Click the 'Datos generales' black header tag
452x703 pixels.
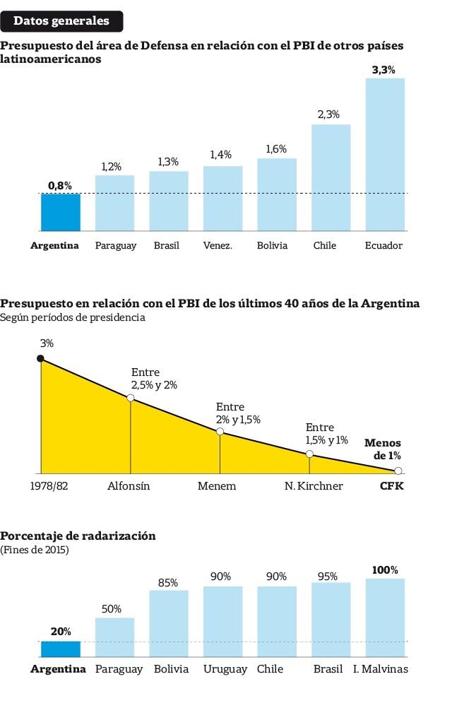click(x=61, y=21)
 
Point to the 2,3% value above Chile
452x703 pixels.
click(x=328, y=114)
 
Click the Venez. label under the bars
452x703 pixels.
click(x=218, y=246)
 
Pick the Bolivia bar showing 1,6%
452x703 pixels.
click(x=277, y=194)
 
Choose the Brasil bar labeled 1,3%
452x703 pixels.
click(x=168, y=201)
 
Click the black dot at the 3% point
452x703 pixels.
click(x=40, y=359)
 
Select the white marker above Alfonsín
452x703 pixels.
click(x=131, y=398)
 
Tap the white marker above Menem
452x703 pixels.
click(x=220, y=431)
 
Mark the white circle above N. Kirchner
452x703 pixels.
click(x=309, y=454)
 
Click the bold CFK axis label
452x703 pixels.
click(x=392, y=486)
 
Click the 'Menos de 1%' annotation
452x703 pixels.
click(x=382, y=449)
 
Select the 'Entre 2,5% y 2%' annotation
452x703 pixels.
click(x=154, y=379)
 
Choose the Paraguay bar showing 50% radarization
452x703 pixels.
click(x=114, y=638)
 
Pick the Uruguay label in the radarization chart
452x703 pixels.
click(x=225, y=669)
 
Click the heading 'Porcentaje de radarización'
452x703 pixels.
click(x=78, y=536)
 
